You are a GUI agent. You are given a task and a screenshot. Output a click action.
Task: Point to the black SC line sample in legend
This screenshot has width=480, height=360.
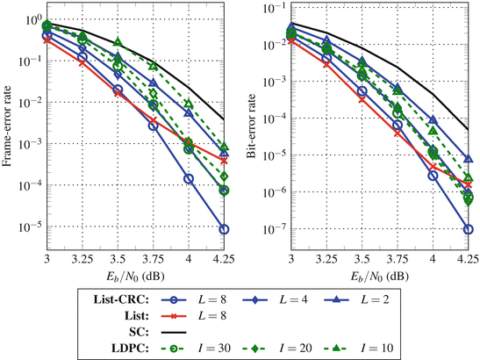(171, 332)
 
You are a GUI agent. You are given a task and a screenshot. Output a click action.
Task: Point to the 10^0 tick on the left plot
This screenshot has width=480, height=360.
(32, 19)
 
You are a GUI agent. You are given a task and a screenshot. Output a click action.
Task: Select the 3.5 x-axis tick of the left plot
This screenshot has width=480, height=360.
(118, 260)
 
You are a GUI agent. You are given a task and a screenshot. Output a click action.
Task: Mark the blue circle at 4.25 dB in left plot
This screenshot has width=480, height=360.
(226, 229)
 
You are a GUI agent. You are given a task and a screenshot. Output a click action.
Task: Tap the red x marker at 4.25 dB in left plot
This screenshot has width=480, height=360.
(226, 161)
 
